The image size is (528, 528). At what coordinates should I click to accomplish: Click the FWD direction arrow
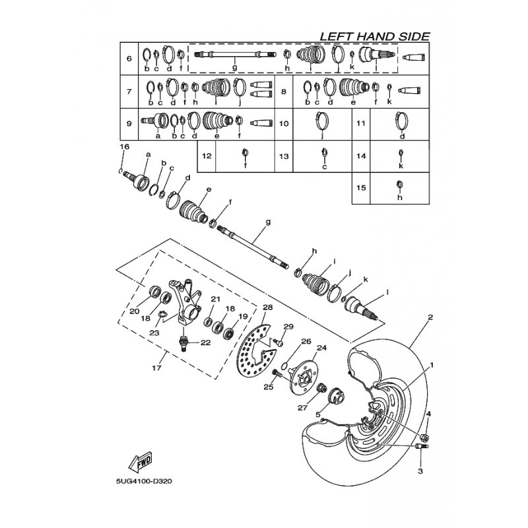coord(140,461)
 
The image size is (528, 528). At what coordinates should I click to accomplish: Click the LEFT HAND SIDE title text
coord(374,36)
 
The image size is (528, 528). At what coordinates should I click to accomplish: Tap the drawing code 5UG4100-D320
coord(144,481)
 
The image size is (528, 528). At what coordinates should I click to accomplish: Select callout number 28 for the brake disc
coord(268,308)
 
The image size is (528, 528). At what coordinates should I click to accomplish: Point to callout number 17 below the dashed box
coord(156,368)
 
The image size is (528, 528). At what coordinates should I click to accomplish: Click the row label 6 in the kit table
coord(129,59)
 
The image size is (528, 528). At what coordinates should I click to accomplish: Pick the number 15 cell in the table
coord(361,188)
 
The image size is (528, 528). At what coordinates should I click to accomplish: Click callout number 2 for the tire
coord(430,317)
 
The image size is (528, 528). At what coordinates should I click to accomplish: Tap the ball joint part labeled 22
coord(183,343)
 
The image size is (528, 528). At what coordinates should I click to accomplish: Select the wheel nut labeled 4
coord(424,438)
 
